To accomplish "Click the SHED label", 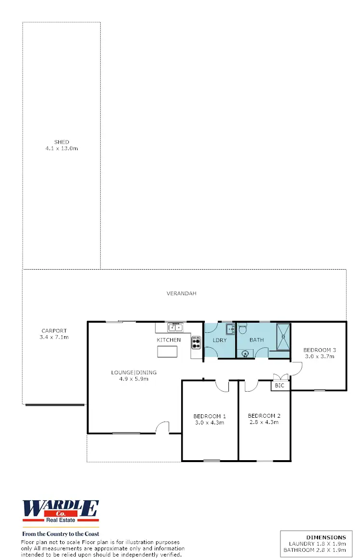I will point(61,142).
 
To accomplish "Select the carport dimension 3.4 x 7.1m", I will point(54,337).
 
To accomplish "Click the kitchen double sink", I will point(175,328).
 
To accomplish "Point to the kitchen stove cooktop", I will point(196,341).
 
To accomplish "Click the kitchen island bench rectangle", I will point(167,352).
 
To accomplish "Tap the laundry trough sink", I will point(230,329).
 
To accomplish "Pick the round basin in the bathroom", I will point(246,353).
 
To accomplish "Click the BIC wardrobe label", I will point(280,386).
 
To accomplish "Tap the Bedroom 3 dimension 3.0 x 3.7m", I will point(320,356).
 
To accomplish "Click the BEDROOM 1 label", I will point(210,416).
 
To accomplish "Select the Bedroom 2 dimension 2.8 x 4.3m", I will point(264,422).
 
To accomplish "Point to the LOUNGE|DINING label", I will point(133,372).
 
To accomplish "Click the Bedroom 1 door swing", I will point(222,385).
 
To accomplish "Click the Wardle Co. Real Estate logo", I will point(61,511).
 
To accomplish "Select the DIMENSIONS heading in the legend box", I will point(326,537).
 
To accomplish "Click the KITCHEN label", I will point(169,340).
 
